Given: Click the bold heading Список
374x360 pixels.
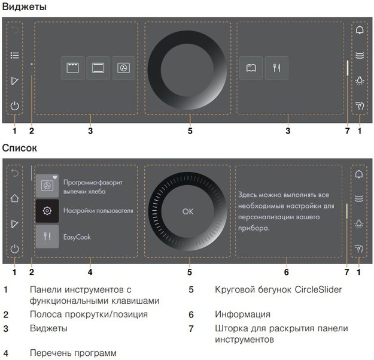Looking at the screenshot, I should tap(20, 147).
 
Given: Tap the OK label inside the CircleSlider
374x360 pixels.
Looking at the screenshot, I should tap(188, 211).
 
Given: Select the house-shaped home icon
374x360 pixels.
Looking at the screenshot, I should tap(14, 199).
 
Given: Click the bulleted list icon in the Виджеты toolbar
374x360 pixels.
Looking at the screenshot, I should tap(14, 55).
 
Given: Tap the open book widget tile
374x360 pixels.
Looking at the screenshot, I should tap(251, 68).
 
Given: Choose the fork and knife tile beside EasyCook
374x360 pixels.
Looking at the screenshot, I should tap(47, 237).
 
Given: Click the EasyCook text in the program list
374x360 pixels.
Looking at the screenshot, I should tap(76, 237).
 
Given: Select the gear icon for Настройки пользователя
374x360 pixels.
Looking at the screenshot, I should tap(47, 211).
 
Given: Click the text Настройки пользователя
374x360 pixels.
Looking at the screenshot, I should tap(98, 211).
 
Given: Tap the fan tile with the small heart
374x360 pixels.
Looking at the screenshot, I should tap(47, 186).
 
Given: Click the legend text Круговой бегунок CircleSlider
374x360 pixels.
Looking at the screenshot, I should tap(278, 290).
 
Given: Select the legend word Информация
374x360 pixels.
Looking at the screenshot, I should tap(242, 314).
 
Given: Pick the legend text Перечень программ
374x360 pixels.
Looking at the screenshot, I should tap(73, 353).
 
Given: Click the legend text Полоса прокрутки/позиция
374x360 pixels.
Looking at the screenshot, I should tap(89, 314).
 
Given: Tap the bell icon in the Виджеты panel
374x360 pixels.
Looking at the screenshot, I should tap(359, 30).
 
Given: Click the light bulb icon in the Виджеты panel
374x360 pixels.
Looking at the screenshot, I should tap(359, 80).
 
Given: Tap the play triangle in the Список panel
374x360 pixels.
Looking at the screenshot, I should tap(14, 223).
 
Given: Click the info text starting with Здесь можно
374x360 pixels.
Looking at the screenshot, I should tap(285, 211).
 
